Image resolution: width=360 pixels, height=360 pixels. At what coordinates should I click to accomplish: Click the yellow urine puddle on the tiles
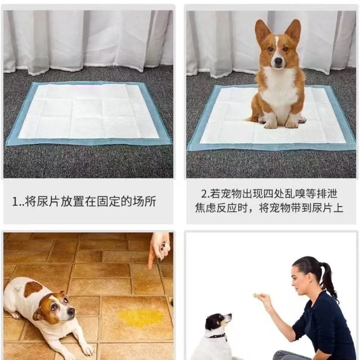[x=140, y=318]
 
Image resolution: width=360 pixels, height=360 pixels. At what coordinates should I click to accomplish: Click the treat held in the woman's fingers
[x=255, y=296]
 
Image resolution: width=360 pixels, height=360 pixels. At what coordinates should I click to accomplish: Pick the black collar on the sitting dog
[x=217, y=335]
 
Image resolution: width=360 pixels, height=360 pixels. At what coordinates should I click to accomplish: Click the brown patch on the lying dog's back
[x=33, y=289]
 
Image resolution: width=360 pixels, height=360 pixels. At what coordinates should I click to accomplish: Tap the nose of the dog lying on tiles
[x=71, y=311]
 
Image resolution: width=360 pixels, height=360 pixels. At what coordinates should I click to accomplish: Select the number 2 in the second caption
[x=204, y=194]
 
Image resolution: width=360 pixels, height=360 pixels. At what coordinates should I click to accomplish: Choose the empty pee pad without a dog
[x=88, y=112]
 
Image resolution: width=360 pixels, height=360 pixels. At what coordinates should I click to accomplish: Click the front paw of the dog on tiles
[x=88, y=351]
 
